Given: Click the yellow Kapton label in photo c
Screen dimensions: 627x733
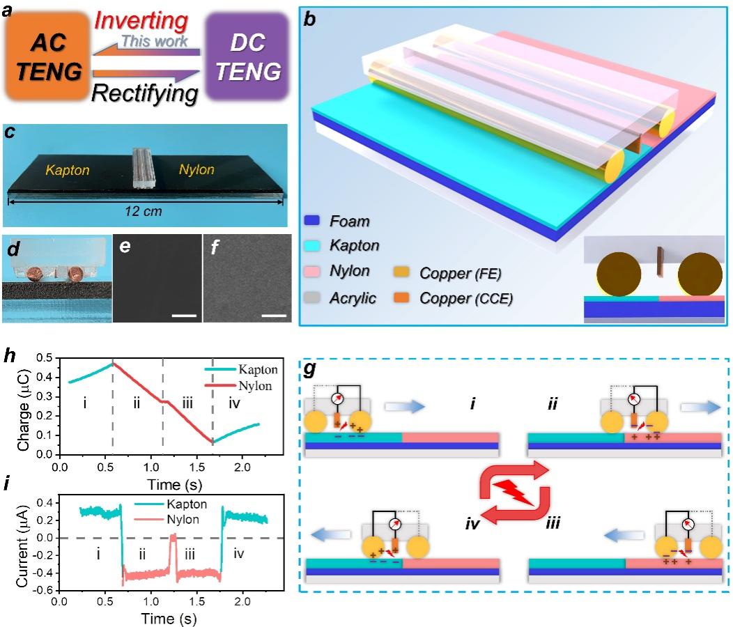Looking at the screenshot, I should click(x=68, y=169).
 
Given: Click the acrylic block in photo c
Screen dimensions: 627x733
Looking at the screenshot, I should click(x=142, y=168).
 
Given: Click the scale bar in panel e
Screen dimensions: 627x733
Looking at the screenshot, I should click(x=183, y=316).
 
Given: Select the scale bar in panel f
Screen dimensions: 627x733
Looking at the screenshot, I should click(x=275, y=316).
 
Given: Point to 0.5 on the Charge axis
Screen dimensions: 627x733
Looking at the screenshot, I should click(x=49, y=358).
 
